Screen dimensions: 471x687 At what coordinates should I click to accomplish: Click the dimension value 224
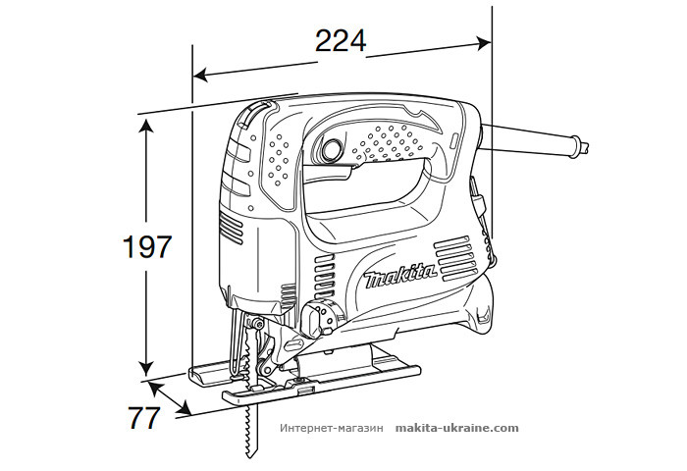(340, 41)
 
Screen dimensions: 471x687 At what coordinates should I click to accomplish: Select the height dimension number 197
(148, 247)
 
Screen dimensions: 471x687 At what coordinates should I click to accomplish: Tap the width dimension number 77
(143, 417)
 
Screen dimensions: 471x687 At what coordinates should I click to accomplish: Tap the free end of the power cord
(586, 148)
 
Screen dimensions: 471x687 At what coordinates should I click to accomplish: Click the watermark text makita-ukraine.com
(456, 429)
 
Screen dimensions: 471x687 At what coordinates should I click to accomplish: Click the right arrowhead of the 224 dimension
(484, 42)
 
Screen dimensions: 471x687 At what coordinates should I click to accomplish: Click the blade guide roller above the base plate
(256, 325)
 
